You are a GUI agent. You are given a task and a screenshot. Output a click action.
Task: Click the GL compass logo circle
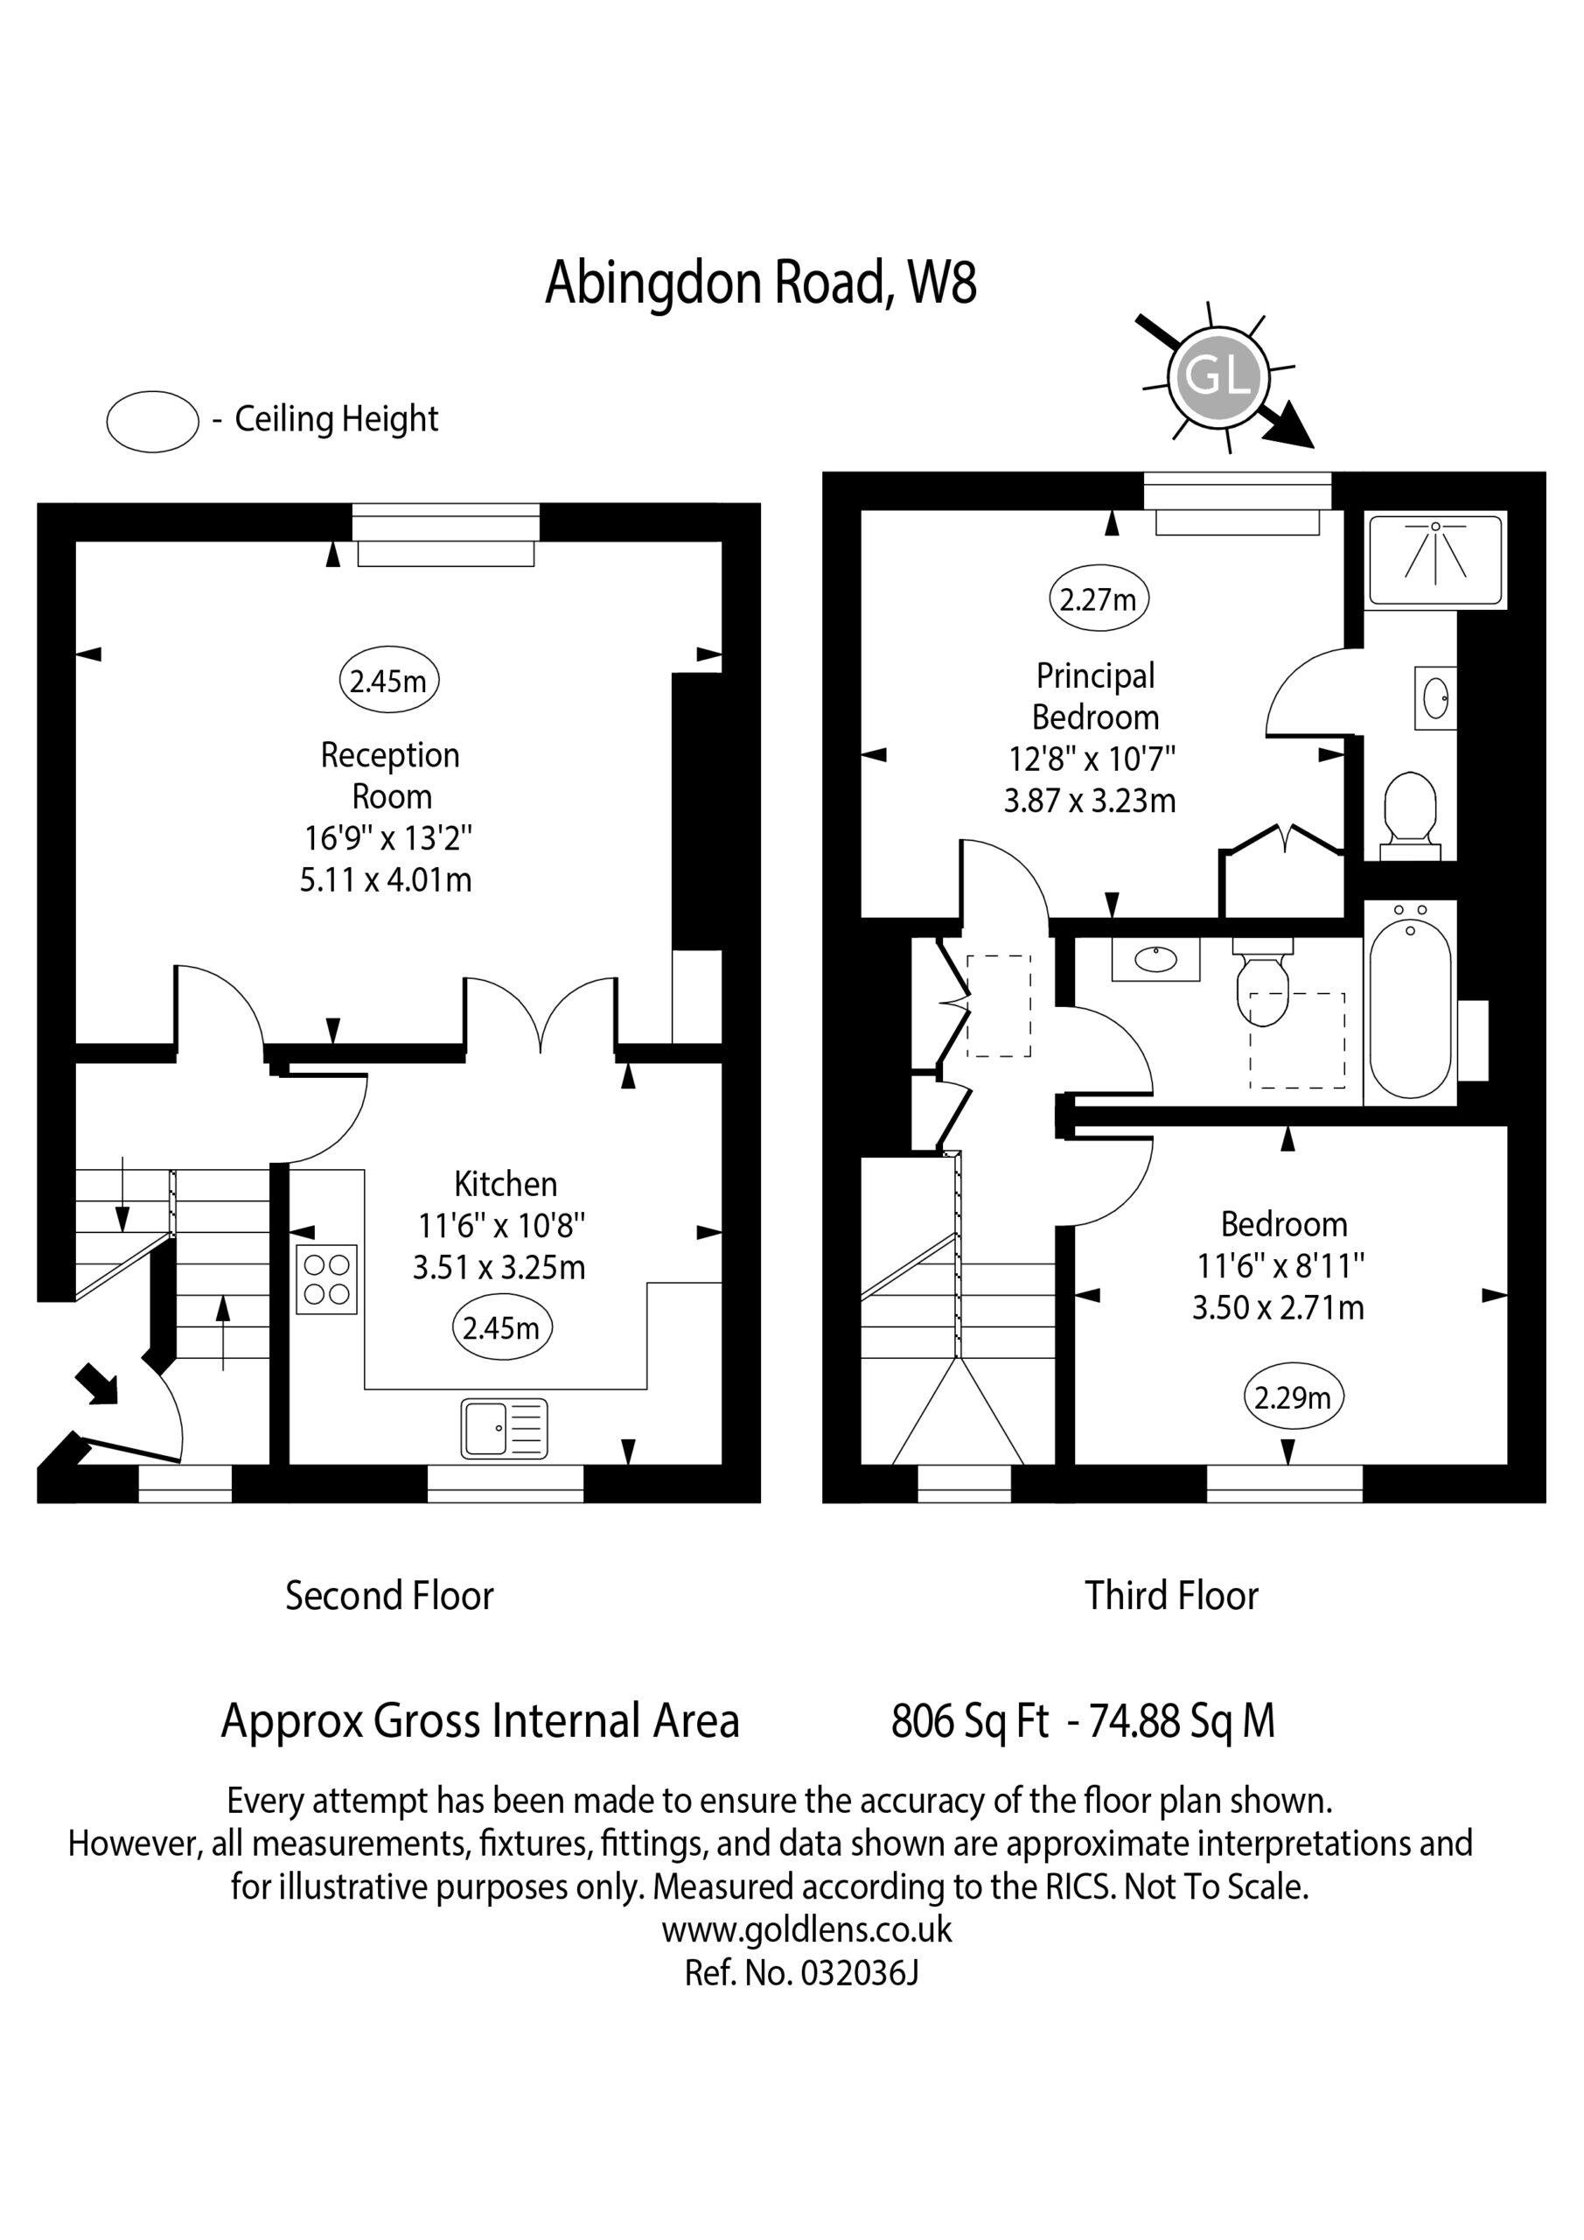(x=1218, y=375)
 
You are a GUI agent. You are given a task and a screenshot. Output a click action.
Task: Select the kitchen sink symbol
(x=505, y=1428)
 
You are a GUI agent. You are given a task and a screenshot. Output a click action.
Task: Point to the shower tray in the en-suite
(x=1437, y=560)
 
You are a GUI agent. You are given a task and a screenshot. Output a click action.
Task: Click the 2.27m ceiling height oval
(x=1099, y=598)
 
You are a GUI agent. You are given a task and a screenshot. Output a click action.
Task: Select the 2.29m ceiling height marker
(x=1294, y=1398)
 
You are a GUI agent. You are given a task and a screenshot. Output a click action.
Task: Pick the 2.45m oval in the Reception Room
(x=389, y=680)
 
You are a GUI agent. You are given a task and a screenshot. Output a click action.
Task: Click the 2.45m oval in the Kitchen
(x=502, y=1327)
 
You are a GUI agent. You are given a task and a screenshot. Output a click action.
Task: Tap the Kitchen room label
(x=506, y=1183)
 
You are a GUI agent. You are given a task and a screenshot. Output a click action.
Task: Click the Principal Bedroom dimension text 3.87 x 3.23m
(x=1090, y=800)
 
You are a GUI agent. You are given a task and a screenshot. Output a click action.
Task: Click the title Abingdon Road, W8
(x=761, y=282)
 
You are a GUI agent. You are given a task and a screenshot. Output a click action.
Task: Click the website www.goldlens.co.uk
(x=806, y=1928)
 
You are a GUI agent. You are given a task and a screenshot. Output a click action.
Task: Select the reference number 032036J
(x=859, y=1972)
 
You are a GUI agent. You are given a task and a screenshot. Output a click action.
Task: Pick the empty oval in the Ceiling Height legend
(x=152, y=422)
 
